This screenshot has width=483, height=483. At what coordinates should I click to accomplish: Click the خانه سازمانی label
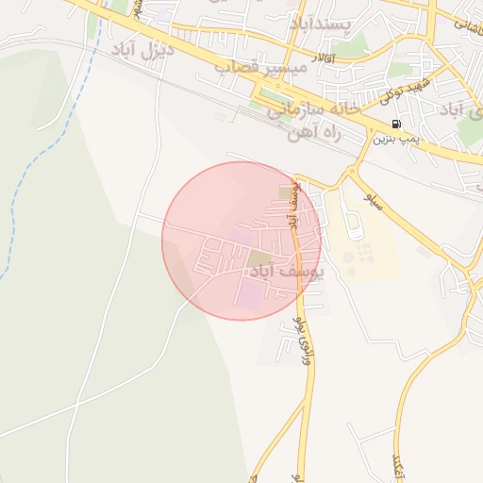point(315,109)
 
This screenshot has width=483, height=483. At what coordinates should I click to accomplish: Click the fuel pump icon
point(395,124)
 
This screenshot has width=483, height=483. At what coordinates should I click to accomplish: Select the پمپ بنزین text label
point(393,140)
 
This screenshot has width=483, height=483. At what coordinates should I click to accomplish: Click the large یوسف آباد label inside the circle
point(283,272)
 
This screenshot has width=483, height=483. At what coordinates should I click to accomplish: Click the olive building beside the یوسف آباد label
point(258,258)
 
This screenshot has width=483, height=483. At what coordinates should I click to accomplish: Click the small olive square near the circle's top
point(285,192)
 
